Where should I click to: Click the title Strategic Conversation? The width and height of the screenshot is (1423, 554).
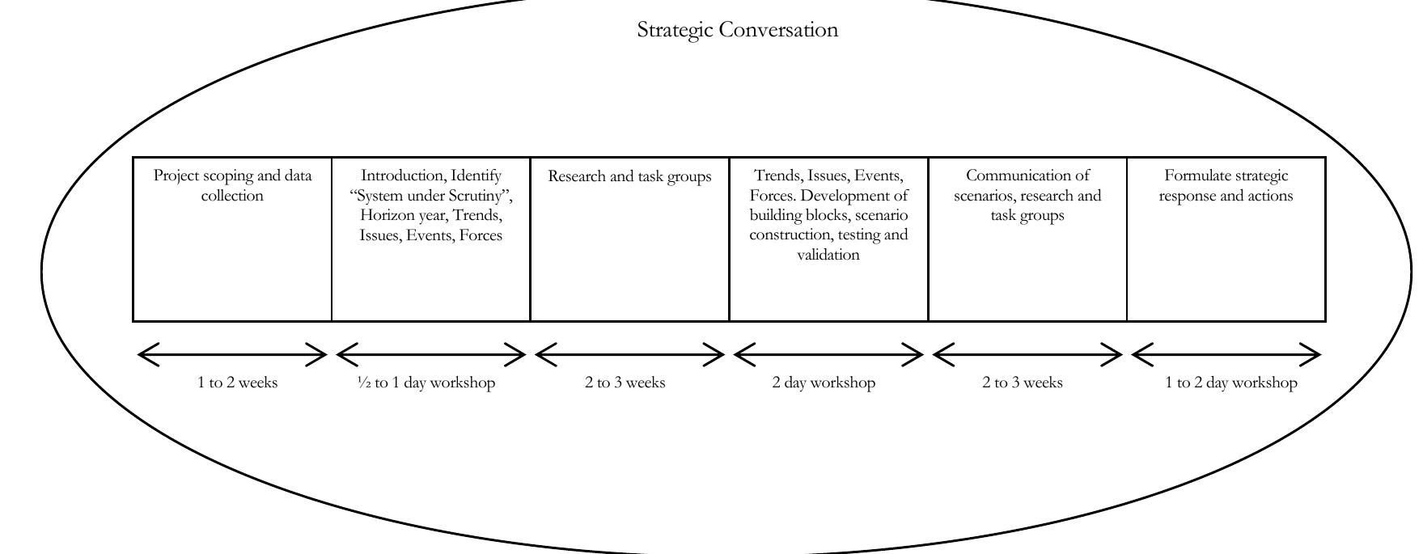pyautogui.click(x=737, y=30)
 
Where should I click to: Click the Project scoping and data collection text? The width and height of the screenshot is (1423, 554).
pyautogui.click(x=232, y=185)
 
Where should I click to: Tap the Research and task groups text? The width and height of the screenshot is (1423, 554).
pyautogui.click(x=629, y=176)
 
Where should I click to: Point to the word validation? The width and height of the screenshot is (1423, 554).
pyautogui.click(x=828, y=255)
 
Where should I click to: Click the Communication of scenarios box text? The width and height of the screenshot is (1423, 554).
pyautogui.click(x=1027, y=195)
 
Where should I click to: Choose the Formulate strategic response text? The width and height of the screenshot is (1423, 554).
pyautogui.click(x=1226, y=185)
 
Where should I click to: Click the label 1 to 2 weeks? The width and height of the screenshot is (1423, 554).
pyautogui.click(x=237, y=383)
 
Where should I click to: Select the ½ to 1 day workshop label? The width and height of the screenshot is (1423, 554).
pyautogui.click(x=426, y=383)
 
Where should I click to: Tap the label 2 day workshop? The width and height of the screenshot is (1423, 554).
pyautogui.click(x=824, y=383)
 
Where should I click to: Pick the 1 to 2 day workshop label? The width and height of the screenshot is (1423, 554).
pyautogui.click(x=1230, y=383)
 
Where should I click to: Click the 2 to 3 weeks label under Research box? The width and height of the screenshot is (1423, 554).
pyautogui.click(x=625, y=383)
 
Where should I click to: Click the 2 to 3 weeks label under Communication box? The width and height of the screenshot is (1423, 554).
pyautogui.click(x=1022, y=383)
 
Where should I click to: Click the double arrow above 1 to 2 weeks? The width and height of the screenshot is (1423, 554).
pyautogui.click(x=232, y=354)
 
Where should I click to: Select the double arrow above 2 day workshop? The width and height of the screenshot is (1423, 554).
pyautogui.click(x=828, y=354)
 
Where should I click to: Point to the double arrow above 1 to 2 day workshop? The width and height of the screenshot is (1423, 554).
pyautogui.click(x=1226, y=354)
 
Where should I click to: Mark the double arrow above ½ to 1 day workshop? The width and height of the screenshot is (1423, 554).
pyautogui.click(x=430, y=354)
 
